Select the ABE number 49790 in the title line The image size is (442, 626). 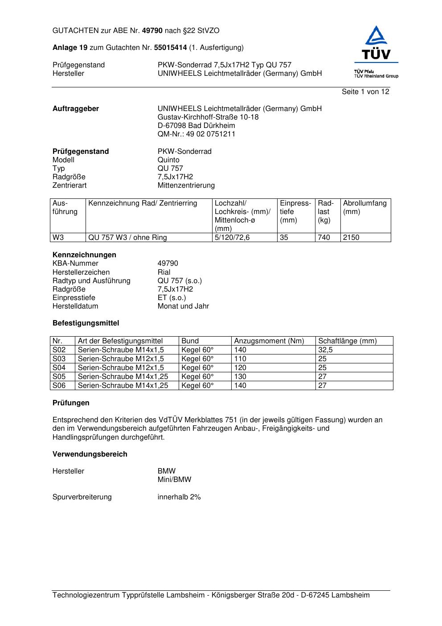coord(152,31)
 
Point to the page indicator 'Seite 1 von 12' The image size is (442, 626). coord(365,92)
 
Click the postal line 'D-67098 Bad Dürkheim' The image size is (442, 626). coord(196,126)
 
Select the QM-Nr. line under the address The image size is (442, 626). coord(196,134)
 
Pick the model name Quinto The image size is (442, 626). coord(168,160)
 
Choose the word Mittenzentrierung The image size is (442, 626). coord(186,185)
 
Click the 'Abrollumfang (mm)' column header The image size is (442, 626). coord(364,207)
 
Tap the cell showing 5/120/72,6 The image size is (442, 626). coord(232,238)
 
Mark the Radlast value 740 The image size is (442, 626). coord(324,238)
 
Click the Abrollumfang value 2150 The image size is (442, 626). coord(351,238)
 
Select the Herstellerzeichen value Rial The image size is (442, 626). coord(164,272)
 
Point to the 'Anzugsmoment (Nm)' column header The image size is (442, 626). coord(269,341)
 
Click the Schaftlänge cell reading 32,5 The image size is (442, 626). coord(325,350)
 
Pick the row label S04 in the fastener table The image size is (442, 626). coord(59,368)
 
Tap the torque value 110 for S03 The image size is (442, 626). coord(240,359)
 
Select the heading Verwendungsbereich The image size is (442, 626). coord(90,454)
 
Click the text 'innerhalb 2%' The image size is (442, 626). coord(179,497)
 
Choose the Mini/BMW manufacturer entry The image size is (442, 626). coord(174,480)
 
